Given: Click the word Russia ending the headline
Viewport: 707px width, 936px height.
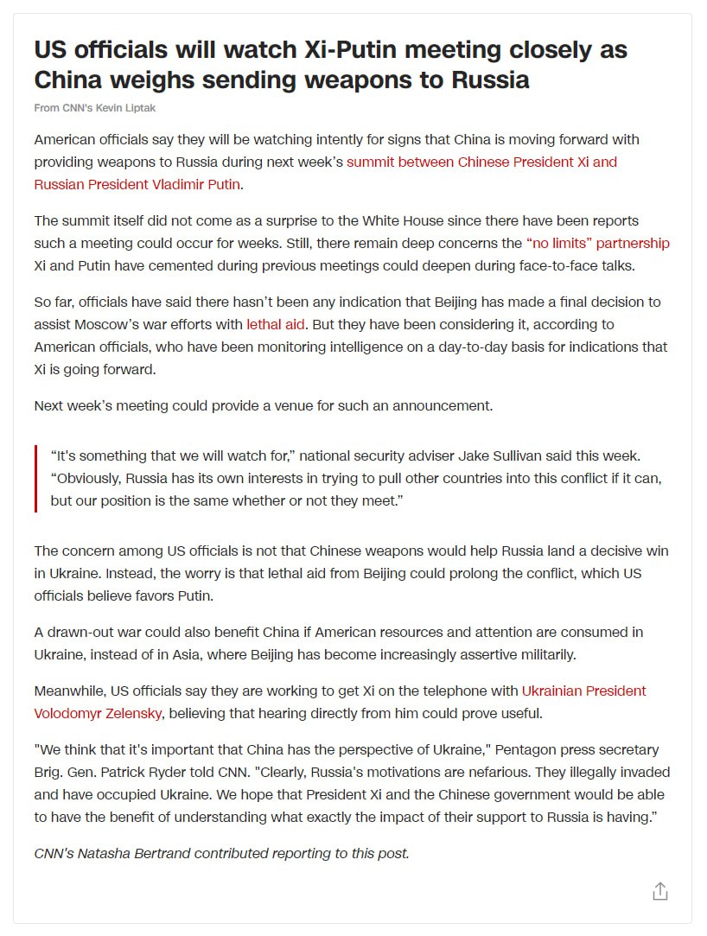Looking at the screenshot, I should tap(487, 80).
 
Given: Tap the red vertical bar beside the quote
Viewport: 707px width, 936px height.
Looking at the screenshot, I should tap(36, 478).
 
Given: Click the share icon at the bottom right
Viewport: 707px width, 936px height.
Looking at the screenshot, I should tap(660, 891).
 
